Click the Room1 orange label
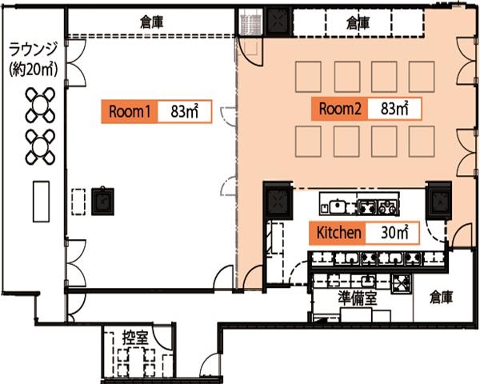click(x=130, y=111)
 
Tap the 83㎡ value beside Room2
click(x=394, y=109)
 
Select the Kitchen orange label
click(x=338, y=233)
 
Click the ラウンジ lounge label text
click(x=33, y=50)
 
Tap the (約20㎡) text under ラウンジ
click(x=33, y=70)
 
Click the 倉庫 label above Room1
click(x=151, y=22)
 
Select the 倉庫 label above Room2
click(x=358, y=23)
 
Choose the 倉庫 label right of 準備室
click(x=441, y=297)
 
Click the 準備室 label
click(x=358, y=298)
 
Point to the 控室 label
click(x=135, y=337)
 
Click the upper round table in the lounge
click(x=41, y=105)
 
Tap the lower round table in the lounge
click(x=41, y=147)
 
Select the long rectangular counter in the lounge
click(x=41, y=202)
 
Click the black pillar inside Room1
click(x=102, y=202)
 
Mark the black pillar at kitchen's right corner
click(x=439, y=201)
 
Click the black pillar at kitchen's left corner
click(x=278, y=201)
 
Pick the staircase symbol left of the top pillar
click(x=250, y=22)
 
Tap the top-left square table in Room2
click(x=308, y=77)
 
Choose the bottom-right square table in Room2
click(x=422, y=142)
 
